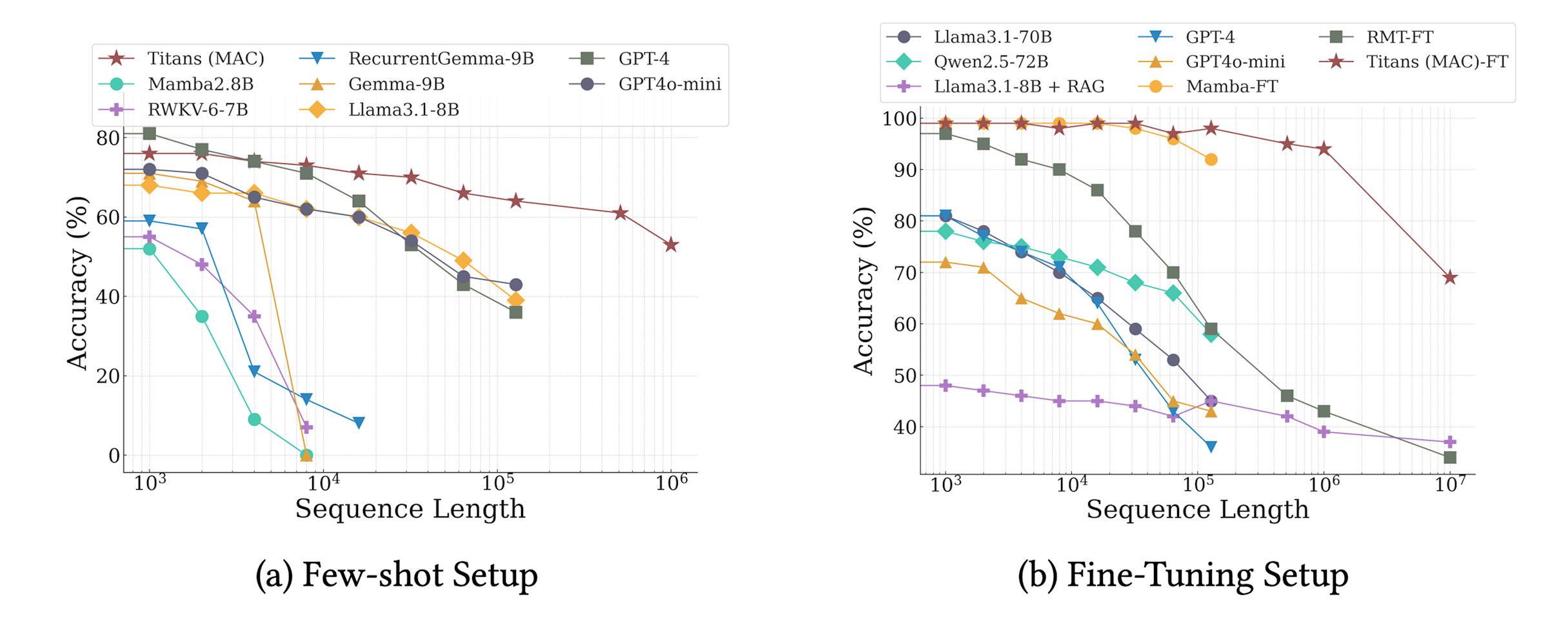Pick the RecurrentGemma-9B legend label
[441, 59]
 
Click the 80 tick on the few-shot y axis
[108, 138]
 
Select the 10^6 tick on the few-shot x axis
[671, 483]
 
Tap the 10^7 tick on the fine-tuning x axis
[1450, 484]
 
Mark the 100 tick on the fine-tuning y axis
[899, 119]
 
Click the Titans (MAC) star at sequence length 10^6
[671, 245]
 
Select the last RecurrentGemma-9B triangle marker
[359, 423]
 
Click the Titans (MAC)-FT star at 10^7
[1450, 277]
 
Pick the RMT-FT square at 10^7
[1450, 457]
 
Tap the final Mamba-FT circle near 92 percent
[1211, 159]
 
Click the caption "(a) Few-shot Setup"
[396, 575]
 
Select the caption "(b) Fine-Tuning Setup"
[1183, 575]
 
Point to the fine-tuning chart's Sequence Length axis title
[1197, 510]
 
